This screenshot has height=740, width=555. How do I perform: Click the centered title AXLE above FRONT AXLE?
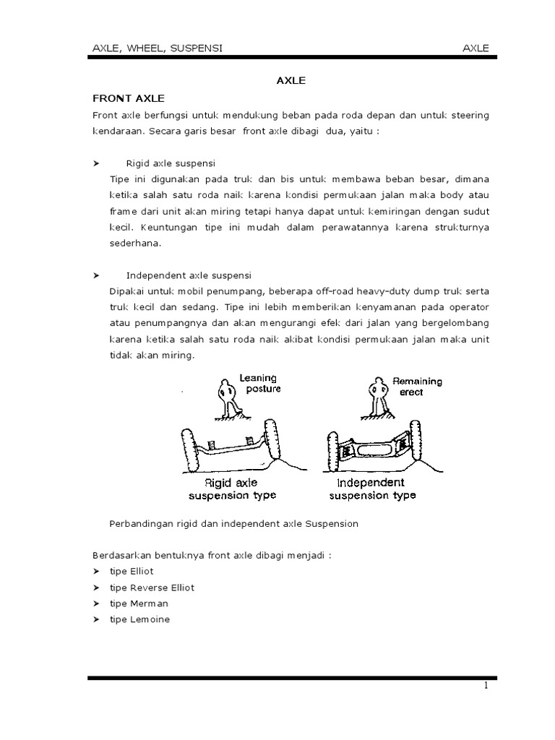291,82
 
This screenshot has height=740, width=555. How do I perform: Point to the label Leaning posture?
258,383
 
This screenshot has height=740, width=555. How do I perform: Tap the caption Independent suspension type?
372,489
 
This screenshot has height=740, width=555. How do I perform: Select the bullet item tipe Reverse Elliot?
152,588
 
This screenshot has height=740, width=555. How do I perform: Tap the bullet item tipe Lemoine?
139,619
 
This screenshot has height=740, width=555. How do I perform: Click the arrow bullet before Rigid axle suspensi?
97,163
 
